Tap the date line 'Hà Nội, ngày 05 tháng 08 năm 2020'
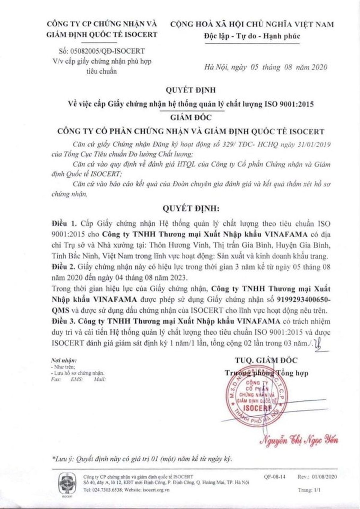coord(265,67)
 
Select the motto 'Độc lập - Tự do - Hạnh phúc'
coord(252,36)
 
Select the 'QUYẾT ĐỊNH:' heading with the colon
coord(191,208)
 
